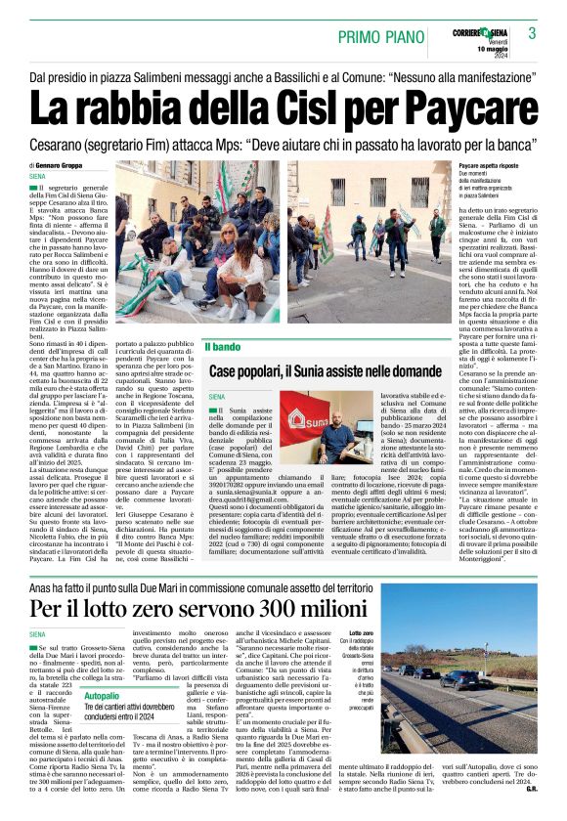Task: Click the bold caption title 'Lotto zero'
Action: coord(361,634)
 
